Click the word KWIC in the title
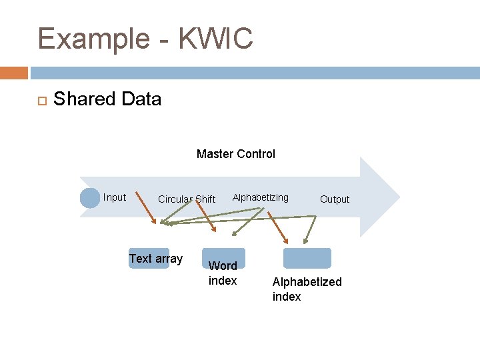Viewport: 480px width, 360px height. tap(218, 39)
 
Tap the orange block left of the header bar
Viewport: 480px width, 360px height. tap(14, 73)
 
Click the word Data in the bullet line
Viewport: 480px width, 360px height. tap(141, 99)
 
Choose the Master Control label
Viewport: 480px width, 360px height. tap(235, 154)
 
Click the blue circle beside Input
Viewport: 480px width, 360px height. tap(89, 198)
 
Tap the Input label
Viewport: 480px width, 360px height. tap(115, 197)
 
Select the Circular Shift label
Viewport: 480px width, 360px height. tap(187, 199)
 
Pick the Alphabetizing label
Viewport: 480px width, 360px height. tap(260, 197)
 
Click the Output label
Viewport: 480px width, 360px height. tap(334, 199)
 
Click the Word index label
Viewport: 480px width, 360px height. tap(223, 273)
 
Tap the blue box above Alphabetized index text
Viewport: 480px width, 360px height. tap(307, 258)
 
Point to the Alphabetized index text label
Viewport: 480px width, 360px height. tap(307, 289)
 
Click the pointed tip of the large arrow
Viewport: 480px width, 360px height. tap(398, 197)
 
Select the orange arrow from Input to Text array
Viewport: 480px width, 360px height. tap(146, 209)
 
